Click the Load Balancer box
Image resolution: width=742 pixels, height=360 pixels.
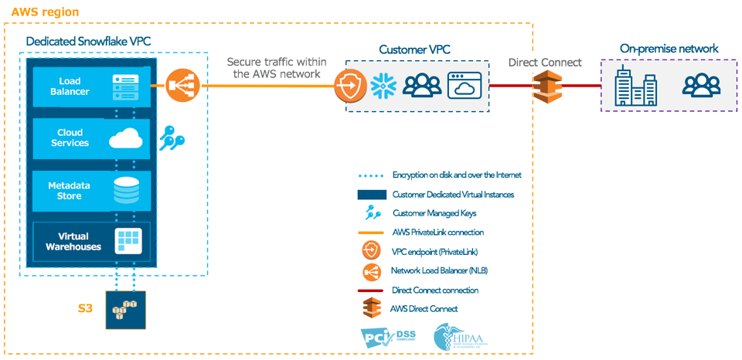point(91,86)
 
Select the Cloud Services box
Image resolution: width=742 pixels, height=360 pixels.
point(91,138)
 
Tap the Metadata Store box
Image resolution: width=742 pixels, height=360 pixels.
point(91,191)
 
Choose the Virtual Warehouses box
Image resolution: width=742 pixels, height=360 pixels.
point(91,241)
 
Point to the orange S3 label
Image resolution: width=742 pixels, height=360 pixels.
point(85,308)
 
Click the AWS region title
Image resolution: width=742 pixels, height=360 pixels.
point(45,13)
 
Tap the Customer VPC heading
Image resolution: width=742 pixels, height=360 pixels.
point(414,50)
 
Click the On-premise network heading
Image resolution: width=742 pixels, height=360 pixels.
point(669,49)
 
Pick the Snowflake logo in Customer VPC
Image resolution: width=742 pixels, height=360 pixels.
point(383,86)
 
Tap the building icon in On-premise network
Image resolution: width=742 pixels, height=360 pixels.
point(635,87)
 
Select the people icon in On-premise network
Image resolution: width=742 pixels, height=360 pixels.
point(701,85)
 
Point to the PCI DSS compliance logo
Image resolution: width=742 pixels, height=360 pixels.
point(387,336)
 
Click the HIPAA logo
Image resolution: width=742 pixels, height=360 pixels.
point(457,337)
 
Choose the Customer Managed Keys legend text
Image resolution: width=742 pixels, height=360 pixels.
point(440,213)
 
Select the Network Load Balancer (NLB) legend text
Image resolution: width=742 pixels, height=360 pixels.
point(439,270)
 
